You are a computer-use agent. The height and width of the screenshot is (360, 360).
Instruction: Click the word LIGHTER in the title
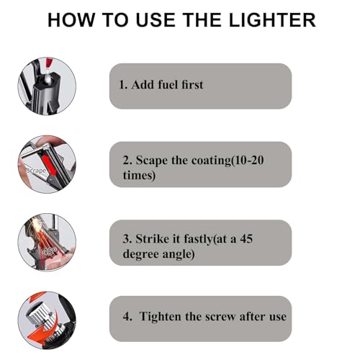(x=272, y=20)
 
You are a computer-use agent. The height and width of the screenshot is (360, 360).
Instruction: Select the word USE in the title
(x=156, y=20)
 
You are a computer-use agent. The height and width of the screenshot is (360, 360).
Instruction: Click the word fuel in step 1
(x=168, y=85)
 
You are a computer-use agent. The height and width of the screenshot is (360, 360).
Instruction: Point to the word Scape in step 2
(x=152, y=161)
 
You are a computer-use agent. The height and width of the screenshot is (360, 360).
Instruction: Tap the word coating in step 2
(x=211, y=161)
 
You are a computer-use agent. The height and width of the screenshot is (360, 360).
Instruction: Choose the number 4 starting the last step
(x=127, y=317)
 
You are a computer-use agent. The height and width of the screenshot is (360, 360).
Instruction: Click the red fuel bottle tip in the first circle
(x=49, y=63)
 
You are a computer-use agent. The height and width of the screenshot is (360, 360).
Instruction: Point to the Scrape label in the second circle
(x=36, y=171)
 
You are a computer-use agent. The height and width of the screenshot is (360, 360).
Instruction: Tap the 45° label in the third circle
(x=50, y=251)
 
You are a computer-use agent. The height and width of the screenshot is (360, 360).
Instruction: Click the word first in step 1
(x=192, y=85)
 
